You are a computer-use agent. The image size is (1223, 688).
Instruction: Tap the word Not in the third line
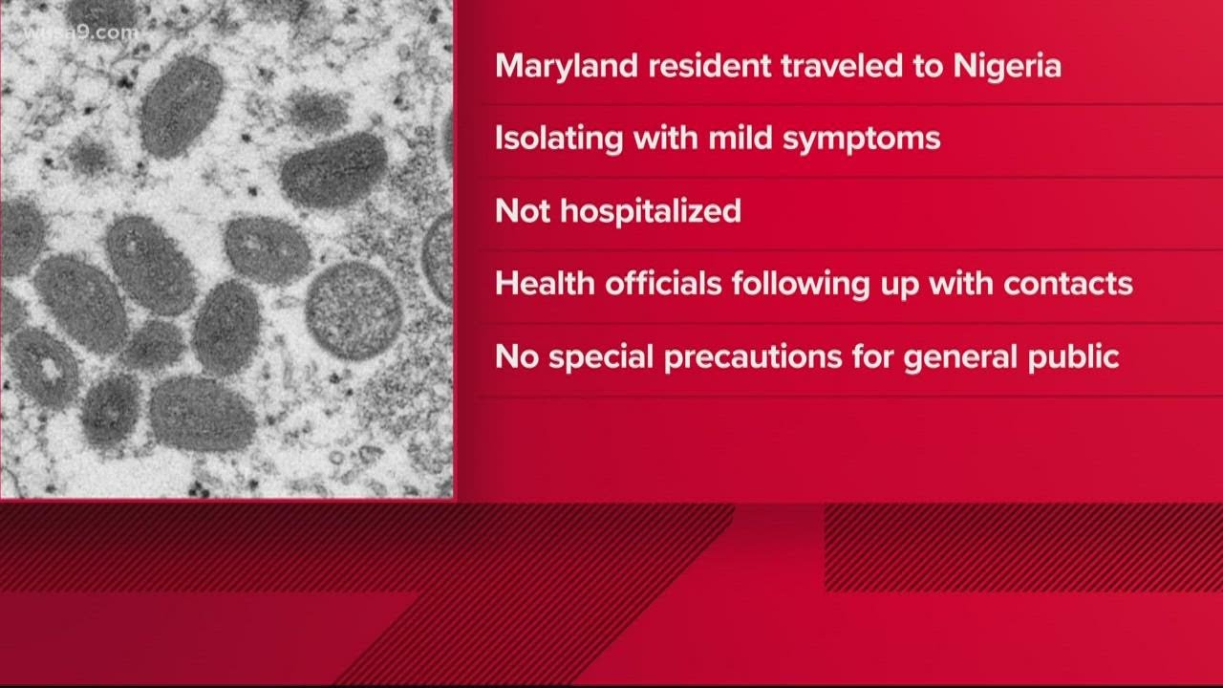[522, 211]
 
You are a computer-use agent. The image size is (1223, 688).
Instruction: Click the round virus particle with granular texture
[354, 309]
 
